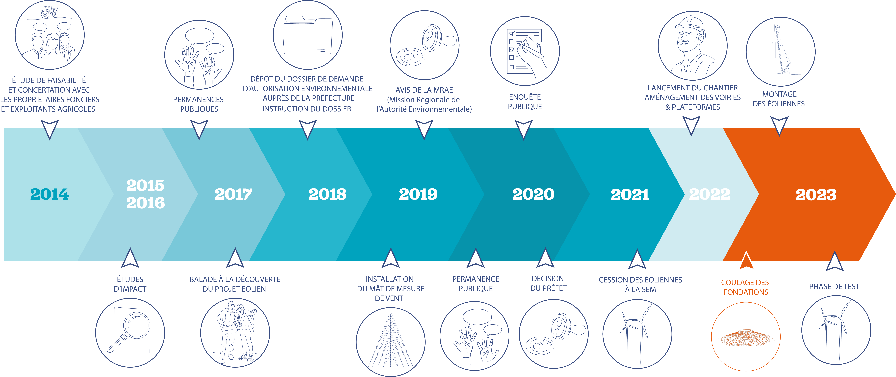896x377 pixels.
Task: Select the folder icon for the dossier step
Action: coord(307,35)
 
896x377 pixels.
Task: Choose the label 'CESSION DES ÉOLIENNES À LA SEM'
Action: coord(640,285)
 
